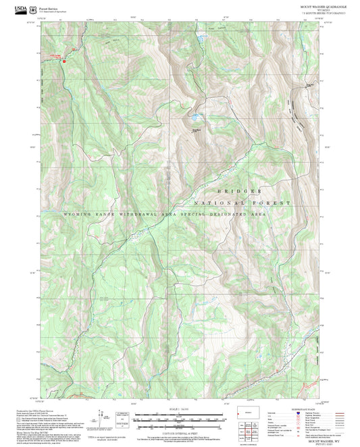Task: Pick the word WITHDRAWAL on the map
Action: (135, 213)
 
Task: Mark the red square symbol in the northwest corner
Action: (64, 62)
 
